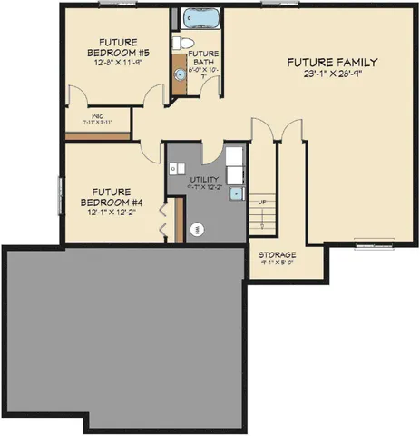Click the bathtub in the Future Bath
(197, 18)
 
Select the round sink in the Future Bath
(180, 74)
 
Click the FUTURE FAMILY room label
(332, 62)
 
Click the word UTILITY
(205, 180)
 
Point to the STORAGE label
(278, 255)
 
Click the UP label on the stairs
(262, 202)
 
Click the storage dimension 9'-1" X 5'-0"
(278, 266)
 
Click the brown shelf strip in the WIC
(98, 136)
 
